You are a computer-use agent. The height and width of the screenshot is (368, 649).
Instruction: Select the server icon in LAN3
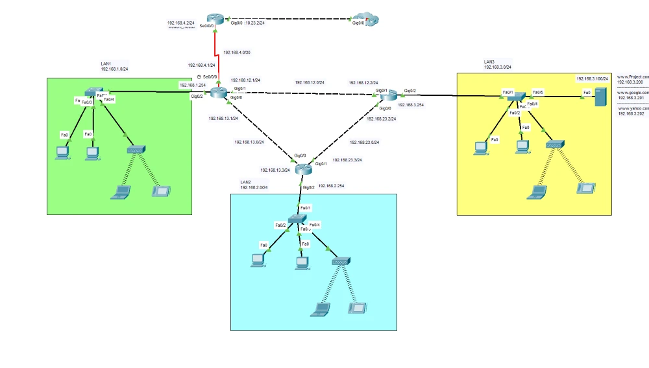(x=600, y=97)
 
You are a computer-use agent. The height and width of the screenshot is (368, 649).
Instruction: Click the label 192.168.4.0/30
(x=236, y=52)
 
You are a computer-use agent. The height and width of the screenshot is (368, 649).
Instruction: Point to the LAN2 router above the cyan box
(x=303, y=169)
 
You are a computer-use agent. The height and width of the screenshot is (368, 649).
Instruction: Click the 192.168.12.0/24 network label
(x=310, y=82)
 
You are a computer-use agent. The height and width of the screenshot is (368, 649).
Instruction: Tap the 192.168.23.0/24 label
(x=364, y=142)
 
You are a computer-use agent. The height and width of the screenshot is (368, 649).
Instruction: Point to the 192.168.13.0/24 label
(x=249, y=142)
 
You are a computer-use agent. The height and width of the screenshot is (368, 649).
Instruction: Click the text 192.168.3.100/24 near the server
(x=593, y=78)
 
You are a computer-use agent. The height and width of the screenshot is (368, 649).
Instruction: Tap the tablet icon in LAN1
(x=160, y=192)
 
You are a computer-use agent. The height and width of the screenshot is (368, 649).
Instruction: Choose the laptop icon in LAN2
(x=319, y=309)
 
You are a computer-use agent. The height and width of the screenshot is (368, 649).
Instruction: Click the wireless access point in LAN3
(x=555, y=144)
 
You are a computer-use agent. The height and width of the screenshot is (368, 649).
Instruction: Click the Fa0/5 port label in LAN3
(x=537, y=92)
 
